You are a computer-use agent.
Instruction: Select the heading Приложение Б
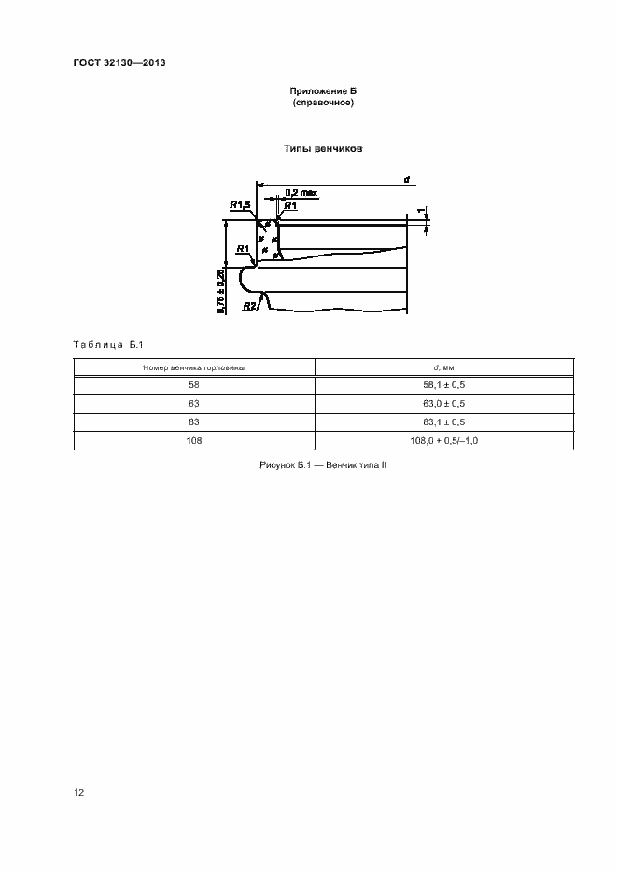323,91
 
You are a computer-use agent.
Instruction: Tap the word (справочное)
323,103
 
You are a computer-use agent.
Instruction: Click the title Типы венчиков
323,149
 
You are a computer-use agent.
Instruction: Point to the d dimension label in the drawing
407,178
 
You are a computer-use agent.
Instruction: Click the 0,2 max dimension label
301,192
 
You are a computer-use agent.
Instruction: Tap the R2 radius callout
249,305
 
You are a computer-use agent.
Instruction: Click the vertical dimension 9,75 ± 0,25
220,291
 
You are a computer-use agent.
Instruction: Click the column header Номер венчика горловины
194,367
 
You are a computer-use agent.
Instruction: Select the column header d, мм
444,367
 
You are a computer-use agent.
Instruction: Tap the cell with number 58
194,385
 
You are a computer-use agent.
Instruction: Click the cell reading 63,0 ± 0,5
444,404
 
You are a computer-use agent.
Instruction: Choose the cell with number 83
194,422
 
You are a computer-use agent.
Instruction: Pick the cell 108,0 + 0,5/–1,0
444,440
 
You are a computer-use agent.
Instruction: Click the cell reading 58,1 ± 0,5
444,385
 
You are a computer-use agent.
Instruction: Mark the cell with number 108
194,440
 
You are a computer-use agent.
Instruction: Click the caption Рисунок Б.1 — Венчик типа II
323,464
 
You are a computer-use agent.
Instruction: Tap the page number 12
79,792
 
